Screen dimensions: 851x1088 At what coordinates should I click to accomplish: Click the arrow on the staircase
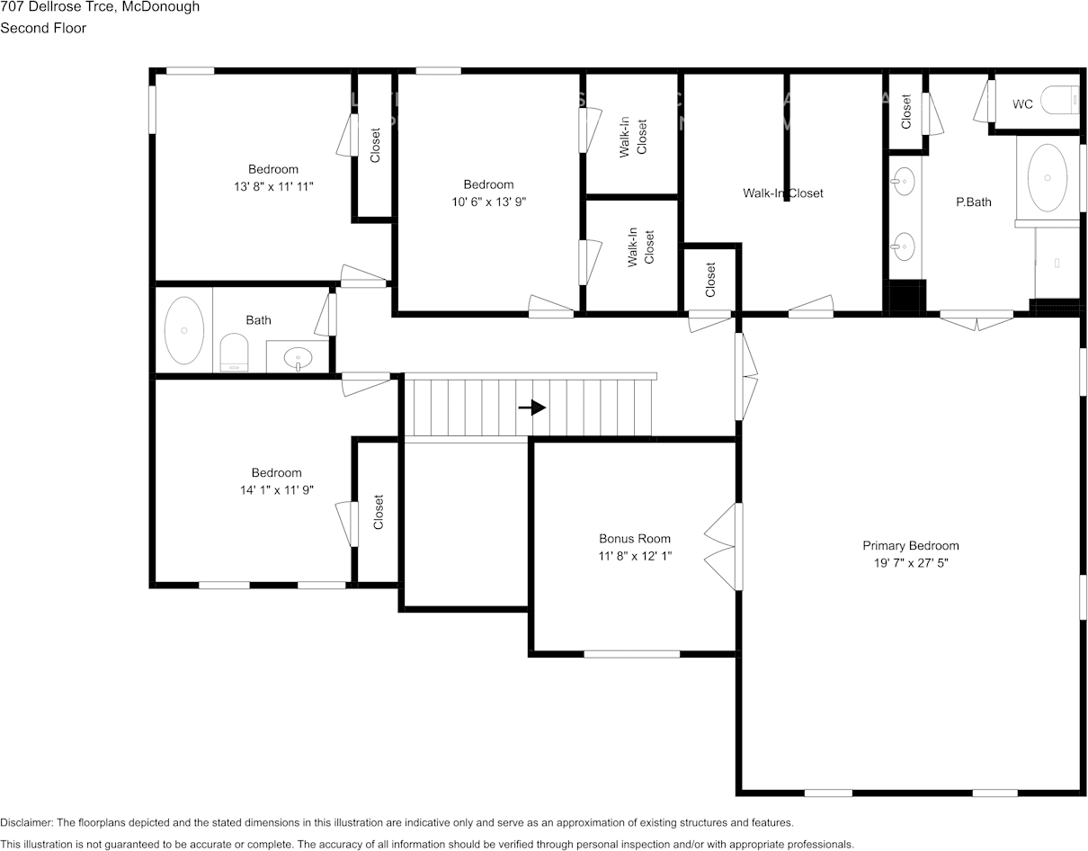(x=532, y=408)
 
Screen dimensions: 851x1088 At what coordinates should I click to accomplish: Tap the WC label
(x=1022, y=104)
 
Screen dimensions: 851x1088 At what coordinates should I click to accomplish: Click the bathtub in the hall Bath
(x=184, y=330)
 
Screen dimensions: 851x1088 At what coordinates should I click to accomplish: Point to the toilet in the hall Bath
(x=234, y=352)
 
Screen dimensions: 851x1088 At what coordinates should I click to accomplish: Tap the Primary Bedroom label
(x=910, y=545)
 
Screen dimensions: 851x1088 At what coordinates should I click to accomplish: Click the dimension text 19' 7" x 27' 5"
(x=910, y=563)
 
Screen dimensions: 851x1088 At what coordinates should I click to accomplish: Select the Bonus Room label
(x=635, y=539)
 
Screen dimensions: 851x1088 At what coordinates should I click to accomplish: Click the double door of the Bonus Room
(x=725, y=546)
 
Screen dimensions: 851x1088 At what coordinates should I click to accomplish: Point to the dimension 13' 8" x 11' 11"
(x=273, y=186)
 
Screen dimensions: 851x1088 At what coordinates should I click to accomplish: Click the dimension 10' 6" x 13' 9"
(x=488, y=202)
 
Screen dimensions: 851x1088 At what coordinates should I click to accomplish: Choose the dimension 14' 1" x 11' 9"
(x=276, y=490)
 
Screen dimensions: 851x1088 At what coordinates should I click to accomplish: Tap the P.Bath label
(x=973, y=202)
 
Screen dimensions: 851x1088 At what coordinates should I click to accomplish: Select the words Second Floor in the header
(x=43, y=28)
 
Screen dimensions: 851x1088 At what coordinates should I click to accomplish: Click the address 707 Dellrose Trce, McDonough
(x=100, y=7)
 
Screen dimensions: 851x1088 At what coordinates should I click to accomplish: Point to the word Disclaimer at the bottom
(x=26, y=822)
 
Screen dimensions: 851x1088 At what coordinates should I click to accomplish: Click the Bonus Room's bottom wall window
(x=631, y=654)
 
